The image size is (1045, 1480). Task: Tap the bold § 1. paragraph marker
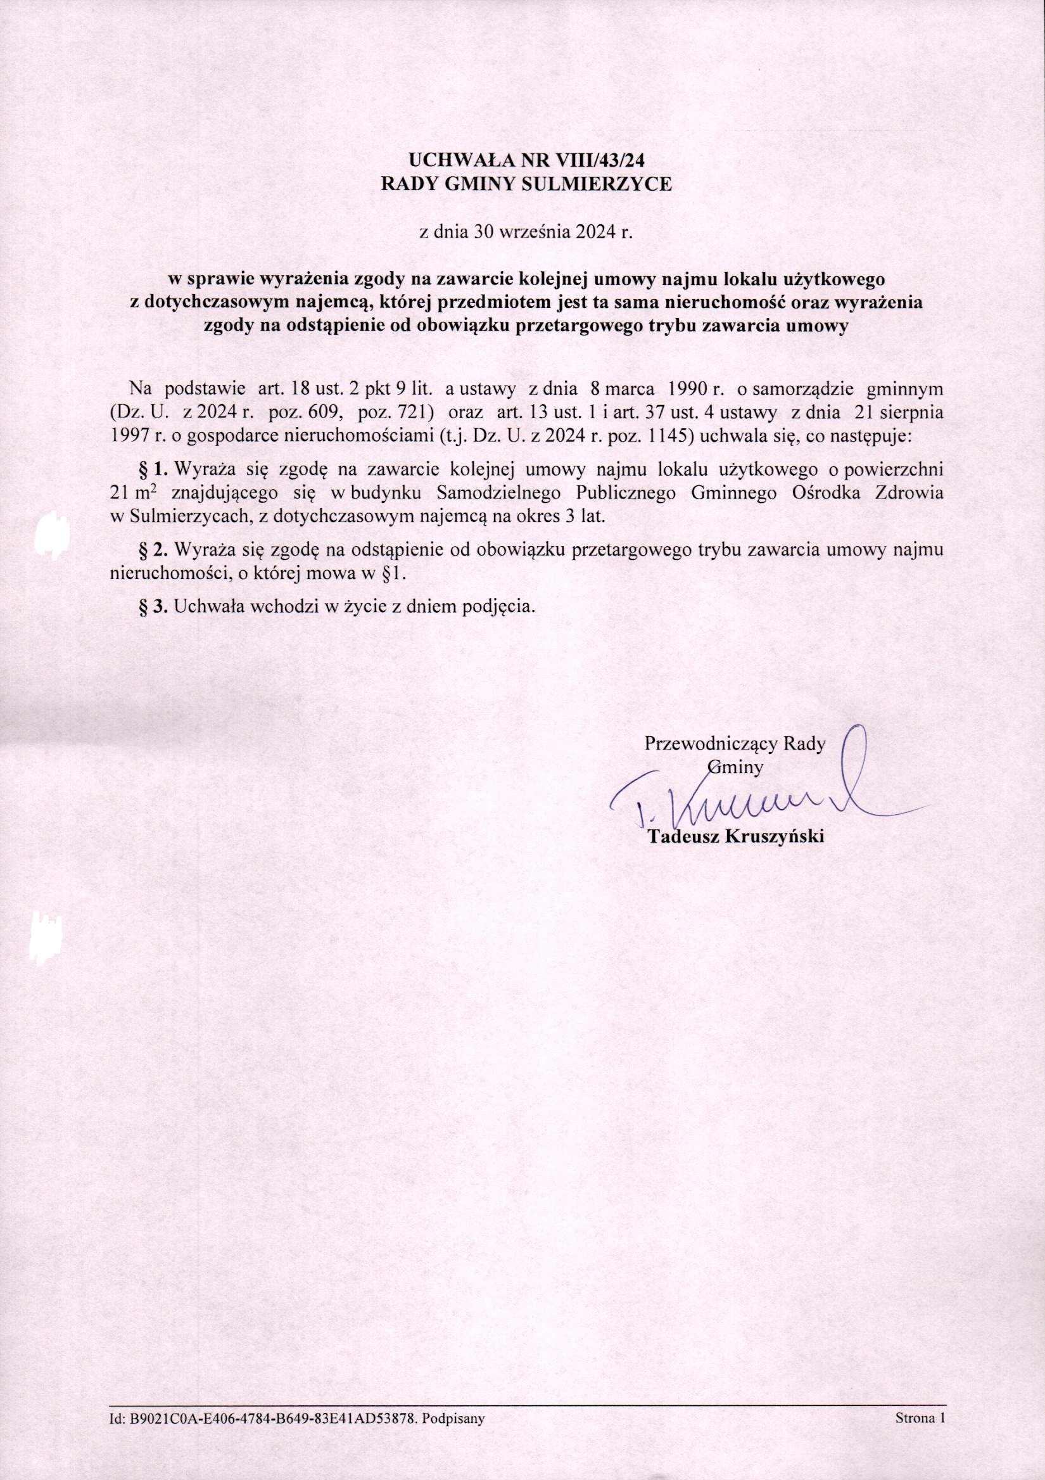click(155, 468)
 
